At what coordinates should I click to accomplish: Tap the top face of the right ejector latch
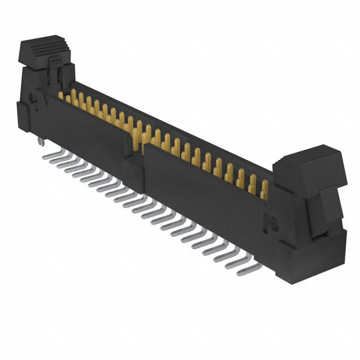(307, 157)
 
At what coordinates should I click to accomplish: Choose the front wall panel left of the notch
(90, 127)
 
